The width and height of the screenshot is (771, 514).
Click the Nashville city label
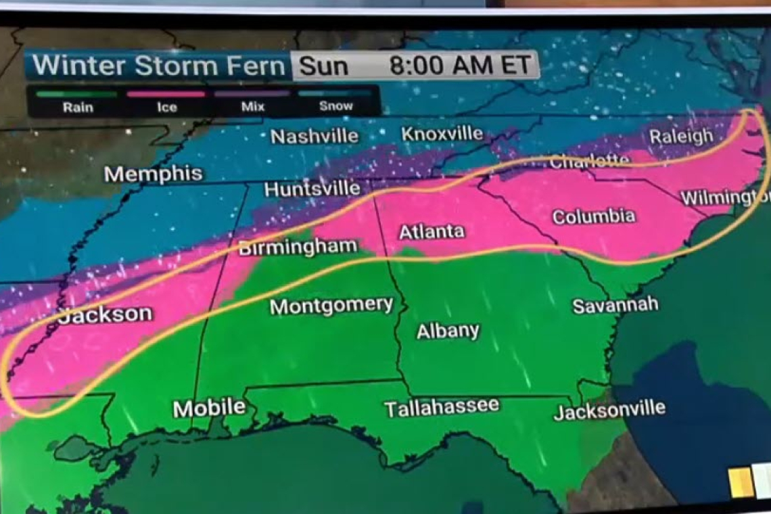314,136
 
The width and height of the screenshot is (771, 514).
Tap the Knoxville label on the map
442,134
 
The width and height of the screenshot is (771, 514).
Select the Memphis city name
154,174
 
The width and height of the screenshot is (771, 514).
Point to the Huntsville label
312,189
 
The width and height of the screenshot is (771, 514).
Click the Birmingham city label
298,248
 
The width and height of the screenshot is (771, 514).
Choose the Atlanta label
431,232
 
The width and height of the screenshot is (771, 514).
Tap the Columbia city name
593,217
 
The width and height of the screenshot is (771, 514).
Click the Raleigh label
681,137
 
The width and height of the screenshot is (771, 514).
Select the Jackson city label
106,314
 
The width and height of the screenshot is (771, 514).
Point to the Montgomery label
331,306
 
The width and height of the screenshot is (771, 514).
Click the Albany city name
448,331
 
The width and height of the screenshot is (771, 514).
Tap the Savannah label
615,305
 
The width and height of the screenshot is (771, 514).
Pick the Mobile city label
209,408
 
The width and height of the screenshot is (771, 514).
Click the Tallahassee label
442,408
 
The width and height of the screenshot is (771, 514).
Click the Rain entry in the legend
78,106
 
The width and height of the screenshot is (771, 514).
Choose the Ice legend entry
166,106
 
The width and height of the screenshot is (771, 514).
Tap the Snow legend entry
335,106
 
